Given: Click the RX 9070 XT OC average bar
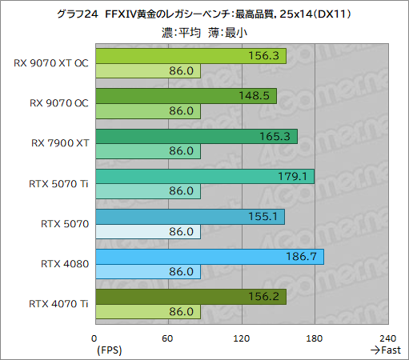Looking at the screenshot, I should [x=190, y=55].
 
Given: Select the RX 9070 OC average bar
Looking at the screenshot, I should [x=186, y=96].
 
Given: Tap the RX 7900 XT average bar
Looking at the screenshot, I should [x=196, y=137].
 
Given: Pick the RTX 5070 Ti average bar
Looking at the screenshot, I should [x=204, y=177].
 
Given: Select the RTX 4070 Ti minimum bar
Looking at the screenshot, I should [x=147, y=313].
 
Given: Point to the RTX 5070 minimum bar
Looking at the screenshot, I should [x=147, y=232].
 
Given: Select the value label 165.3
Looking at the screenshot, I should [x=280, y=137].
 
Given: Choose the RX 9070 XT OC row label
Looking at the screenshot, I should [x=51, y=62].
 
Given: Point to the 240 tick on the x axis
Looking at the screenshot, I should [x=388, y=338].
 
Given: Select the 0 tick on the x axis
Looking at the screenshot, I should [x=95, y=338].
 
